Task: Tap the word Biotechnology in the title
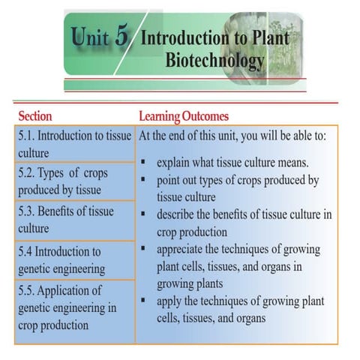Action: click(214, 59)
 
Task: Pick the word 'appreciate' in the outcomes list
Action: click(184, 250)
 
